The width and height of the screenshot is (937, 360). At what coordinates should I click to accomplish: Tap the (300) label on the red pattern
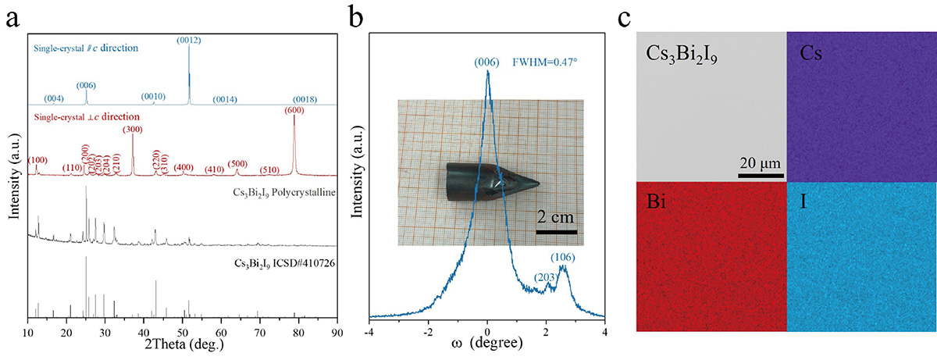point(134,129)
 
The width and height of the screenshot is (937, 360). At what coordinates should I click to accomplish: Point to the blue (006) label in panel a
point(86,85)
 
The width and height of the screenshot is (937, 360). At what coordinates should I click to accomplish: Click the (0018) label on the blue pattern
point(304,99)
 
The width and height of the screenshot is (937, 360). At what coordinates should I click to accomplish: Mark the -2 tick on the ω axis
point(428,333)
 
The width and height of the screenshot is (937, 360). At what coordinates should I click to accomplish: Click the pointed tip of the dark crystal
point(538,184)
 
